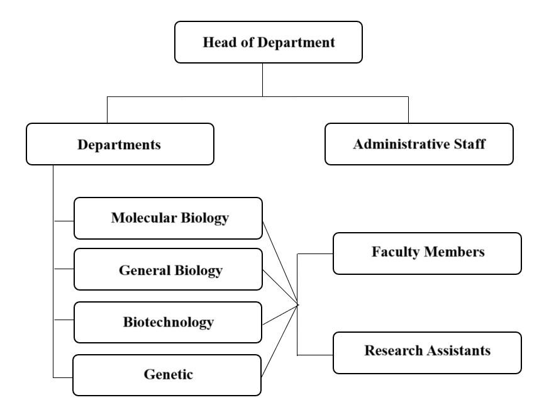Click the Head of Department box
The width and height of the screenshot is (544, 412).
point(269,42)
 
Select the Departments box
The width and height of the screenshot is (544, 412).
point(120,144)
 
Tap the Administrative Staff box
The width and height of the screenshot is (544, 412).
point(419,144)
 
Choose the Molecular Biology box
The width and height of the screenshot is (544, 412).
point(169,218)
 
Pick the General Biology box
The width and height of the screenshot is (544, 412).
point(169,269)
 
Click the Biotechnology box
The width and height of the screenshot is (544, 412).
point(168,323)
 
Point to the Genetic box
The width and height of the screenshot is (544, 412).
point(167,376)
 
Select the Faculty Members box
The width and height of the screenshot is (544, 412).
point(427,253)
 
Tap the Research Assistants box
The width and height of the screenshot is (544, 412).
point(427,353)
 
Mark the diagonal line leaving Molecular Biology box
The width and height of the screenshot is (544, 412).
point(280,264)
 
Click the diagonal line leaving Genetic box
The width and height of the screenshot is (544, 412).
point(280,341)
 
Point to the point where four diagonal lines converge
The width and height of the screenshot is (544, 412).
point(297,306)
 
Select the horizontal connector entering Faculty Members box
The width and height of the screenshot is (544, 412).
point(315,253)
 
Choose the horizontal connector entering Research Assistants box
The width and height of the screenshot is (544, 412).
point(315,355)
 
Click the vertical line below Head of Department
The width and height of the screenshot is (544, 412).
point(263,80)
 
